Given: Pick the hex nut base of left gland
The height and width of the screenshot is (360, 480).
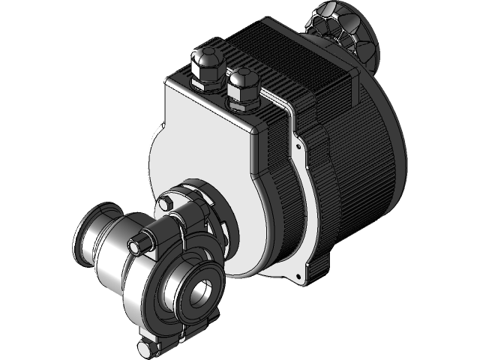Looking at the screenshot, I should [205, 81].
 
